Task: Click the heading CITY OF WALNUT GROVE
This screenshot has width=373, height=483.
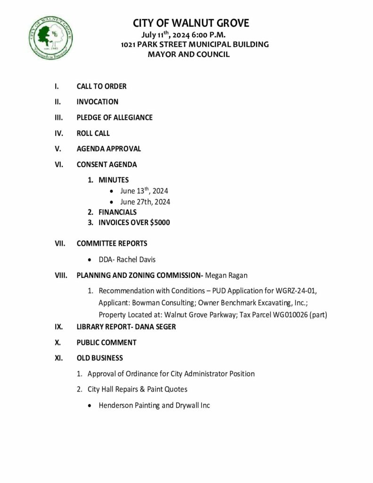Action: tap(191, 23)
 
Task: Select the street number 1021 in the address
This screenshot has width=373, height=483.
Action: tap(129, 44)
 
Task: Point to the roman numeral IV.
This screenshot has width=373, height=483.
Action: tap(58, 133)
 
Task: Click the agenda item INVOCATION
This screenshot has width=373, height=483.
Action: tap(97, 101)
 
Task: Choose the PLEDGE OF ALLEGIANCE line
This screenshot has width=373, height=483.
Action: tap(115, 117)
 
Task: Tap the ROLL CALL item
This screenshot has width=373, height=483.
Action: tap(93, 133)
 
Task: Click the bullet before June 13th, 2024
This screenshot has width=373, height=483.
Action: tap(111, 192)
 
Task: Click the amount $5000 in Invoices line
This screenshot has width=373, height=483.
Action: tap(160, 223)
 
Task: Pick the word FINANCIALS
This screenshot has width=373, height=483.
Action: tap(117, 212)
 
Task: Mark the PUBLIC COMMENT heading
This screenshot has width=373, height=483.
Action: tap(106, 342)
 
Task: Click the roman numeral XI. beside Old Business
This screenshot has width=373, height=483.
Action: tap(59, 358)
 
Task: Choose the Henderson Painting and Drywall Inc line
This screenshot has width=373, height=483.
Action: tap(154, 405)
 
